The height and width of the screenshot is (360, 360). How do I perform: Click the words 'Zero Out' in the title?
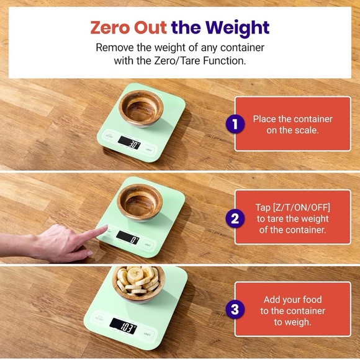pos(129,27)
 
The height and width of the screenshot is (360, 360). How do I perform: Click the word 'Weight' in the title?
pos(238,27)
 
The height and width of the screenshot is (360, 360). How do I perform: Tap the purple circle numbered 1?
pos(233,124)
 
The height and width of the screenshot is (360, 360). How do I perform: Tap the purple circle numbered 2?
pos(233,218)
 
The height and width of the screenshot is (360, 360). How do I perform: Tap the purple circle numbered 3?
pos(233,310)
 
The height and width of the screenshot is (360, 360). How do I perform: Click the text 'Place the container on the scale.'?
pos(292,124)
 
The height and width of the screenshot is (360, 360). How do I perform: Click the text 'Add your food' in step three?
pos(292,299)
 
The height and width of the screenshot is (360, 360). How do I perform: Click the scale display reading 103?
pos(125,326)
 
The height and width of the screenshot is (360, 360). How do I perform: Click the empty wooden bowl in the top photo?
pos(140,107)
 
